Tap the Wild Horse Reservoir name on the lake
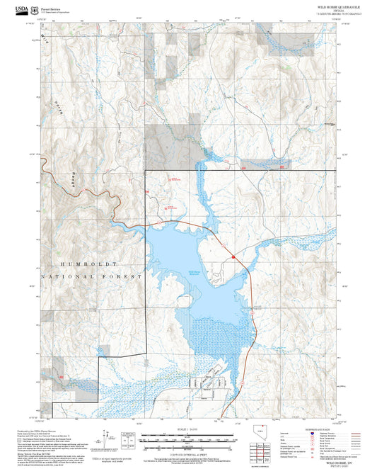[197, 273]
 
